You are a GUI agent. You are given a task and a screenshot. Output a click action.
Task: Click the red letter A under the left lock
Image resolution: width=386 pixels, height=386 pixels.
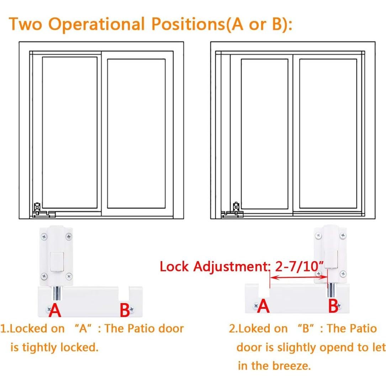55,310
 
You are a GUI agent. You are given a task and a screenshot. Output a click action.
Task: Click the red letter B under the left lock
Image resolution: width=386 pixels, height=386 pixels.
125,310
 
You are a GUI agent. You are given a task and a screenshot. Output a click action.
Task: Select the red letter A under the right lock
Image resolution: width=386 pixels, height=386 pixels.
263,306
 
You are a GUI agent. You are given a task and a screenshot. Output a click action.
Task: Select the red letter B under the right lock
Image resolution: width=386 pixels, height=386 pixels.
333,306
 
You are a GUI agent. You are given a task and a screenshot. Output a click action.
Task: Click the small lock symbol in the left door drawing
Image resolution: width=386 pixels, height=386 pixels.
36,207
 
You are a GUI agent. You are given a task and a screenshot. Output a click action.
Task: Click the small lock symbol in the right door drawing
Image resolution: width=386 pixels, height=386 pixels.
236,207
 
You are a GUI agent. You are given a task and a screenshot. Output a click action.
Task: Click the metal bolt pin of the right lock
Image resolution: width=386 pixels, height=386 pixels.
331,290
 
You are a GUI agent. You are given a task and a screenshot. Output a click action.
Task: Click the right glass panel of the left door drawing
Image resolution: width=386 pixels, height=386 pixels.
136,133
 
